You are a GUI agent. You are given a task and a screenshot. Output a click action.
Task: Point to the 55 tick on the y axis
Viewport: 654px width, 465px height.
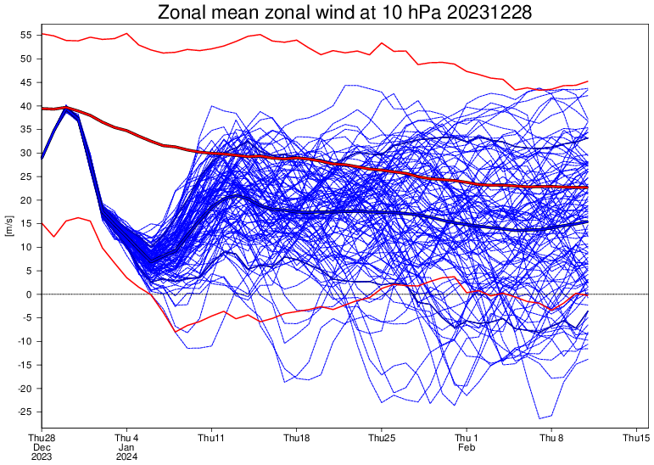tap(25, 36)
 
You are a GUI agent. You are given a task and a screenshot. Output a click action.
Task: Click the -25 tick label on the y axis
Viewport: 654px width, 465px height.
tap(23, 412)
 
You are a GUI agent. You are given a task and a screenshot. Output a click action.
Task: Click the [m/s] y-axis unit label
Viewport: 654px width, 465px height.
tap(8, 224)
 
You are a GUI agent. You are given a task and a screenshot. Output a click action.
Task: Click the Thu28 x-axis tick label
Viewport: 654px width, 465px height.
tap(42, 438)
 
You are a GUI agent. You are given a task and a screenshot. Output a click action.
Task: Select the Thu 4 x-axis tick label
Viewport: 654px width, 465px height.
tap(126, 438)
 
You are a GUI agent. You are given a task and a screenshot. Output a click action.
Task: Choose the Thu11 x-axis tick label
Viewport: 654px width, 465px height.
tap(211, 438)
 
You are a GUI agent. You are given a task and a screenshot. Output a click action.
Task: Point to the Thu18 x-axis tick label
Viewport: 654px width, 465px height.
tap(296, 438)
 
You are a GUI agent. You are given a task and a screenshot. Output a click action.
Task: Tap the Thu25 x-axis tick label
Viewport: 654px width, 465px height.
tap(382, 438)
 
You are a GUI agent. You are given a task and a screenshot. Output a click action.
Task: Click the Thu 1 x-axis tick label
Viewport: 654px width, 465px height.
tap(467, 438)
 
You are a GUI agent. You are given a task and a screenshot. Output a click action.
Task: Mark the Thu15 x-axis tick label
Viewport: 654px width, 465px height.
tap(636, 438)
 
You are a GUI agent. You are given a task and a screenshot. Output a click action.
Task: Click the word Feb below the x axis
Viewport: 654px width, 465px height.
tap(467, 447)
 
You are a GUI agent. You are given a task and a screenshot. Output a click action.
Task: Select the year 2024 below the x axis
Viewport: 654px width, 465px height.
tap(126, 457)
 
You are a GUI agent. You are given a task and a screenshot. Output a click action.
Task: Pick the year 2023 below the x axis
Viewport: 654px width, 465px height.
tap(42, 457)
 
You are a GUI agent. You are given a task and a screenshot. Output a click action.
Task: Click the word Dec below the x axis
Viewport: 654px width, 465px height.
tap(42, 447)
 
